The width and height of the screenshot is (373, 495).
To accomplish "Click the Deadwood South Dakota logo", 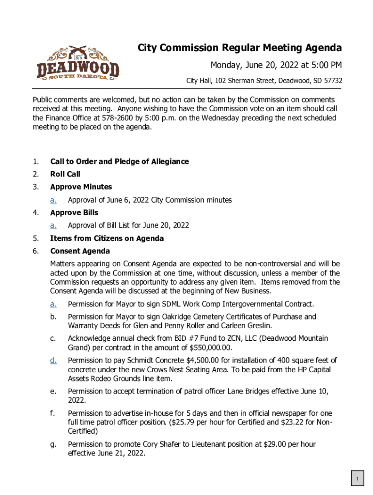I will (x=78, y=63).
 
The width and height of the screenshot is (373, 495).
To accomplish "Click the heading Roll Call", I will (x=65, y=174).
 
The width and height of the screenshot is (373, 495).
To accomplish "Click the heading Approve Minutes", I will (x=81, y=187).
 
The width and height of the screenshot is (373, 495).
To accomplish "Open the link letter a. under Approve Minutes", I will (x=53, y=200).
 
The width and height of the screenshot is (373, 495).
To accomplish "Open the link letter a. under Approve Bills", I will (x=53, y=225).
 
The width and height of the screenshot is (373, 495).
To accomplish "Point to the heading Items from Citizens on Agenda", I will (x=107, y=238).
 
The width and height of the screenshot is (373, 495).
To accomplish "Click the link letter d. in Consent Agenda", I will (x=53, y=360).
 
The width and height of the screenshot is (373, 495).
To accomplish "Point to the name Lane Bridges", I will (x=248, y=392).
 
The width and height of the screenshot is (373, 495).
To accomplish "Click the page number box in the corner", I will (x=357, y=479).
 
